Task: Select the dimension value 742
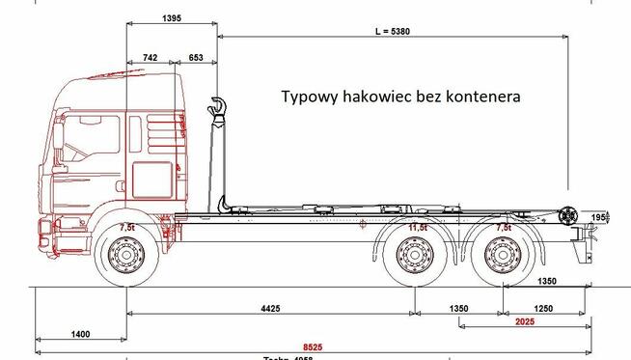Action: pyautogui.click(x=150, y=59)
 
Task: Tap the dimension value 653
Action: pyautogui.click(x=196, y=59)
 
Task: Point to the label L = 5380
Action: pyautogui.click(x=393, y=31)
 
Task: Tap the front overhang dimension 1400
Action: pyautogui.click(x=80, y=334)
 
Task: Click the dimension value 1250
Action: pyautogui.click(x=546, y=308)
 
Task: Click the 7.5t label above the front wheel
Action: pyautogui.click(x=126, y=228)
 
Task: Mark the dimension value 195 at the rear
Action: pyautogui.click(x=598, y=217)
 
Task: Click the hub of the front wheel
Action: pyautogui.click(x=126, y=258)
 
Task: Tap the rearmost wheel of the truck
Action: pyautogui.click(x=503, y=258)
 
